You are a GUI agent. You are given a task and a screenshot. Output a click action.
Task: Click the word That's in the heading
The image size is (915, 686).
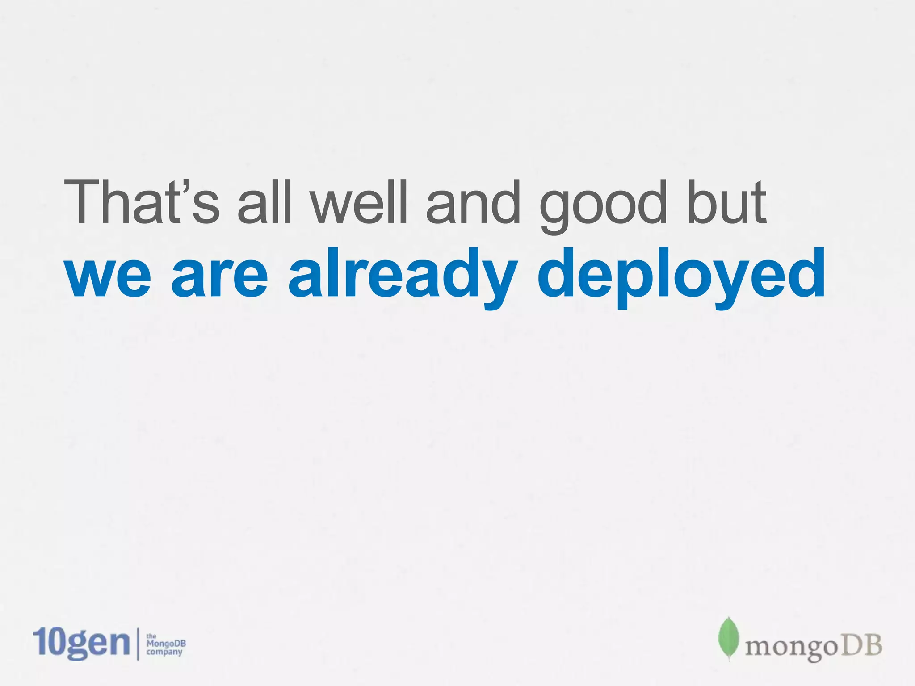pyautogui.click(x=142, y=201)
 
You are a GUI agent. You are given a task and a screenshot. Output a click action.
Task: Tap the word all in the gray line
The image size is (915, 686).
pyautogui.click(x=264, y=201)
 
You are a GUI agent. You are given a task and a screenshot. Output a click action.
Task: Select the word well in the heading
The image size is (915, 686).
pyautogui.click(x=359, y=201)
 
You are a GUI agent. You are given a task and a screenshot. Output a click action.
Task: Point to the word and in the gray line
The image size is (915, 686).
pyautogui.click(x=473, y=201)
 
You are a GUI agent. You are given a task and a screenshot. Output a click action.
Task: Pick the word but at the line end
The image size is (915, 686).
pyautogui.click(x=727, y=201)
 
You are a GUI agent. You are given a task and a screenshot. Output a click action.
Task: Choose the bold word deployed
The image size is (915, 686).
pyautogui.click(x=681, y=275)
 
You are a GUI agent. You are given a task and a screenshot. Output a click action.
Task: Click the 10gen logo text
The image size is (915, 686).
pyautogui.click(x=81, y=643)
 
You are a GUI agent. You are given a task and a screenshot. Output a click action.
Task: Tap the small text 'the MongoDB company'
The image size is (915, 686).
pyautogui.click(x=165, y=644)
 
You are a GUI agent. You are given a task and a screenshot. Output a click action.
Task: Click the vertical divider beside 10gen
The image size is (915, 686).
pyautogui.click(x=138, y=644)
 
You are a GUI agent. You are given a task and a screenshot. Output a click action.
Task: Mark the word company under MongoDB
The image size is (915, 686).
pyautogui.click(x=164, y=652)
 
